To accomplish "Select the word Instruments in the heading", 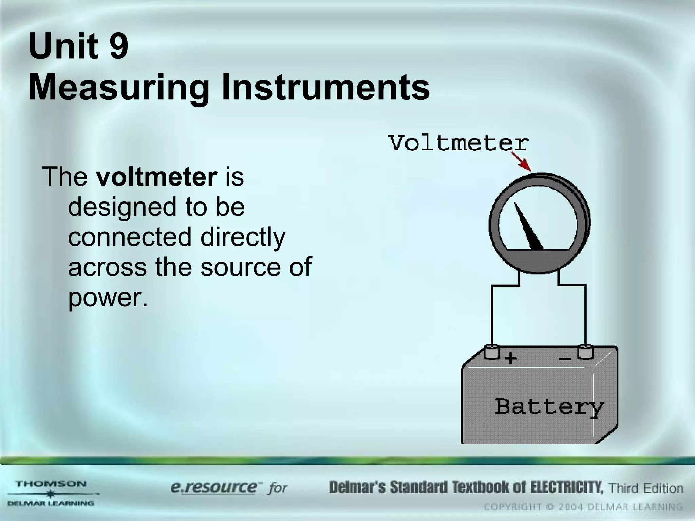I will [x=325, y=88].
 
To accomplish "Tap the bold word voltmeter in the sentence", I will [x=156, y=176].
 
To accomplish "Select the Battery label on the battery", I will [x=549, y=406].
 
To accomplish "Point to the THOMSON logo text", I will [x=51, y=484].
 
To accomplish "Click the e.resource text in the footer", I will [x=214, y=487].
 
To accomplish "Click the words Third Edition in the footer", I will [x=645, y=488].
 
